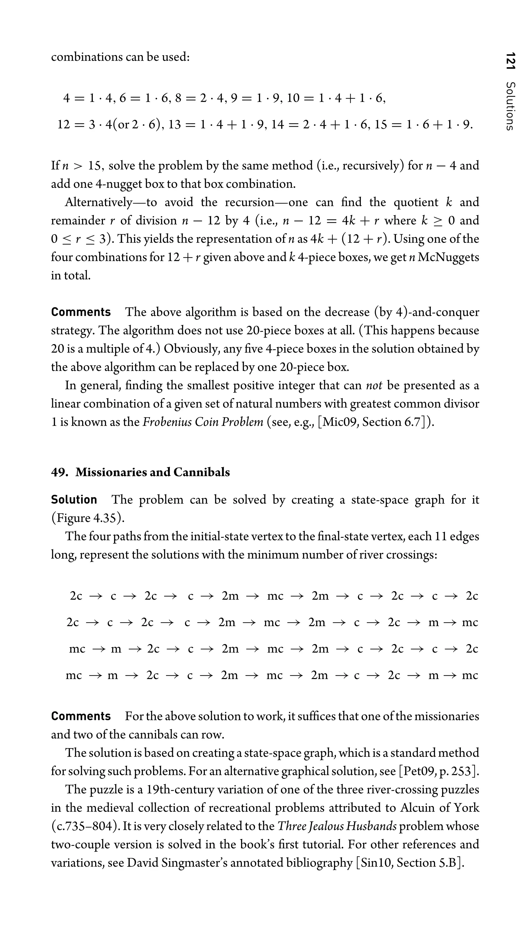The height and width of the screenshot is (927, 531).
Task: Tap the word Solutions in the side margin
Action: (x=511, y=106)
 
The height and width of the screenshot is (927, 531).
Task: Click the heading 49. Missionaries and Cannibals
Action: (x=141, y=472)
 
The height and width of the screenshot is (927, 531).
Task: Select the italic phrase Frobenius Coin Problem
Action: (x=203, y=422)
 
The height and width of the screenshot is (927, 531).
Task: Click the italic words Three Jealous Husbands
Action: (x=337, y=826)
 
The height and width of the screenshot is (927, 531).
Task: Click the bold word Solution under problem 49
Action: (x=74, y=499)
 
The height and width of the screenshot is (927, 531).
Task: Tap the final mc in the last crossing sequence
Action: (x=470, y=675)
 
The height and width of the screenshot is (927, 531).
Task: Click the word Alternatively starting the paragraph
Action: (x=99, y=202)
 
